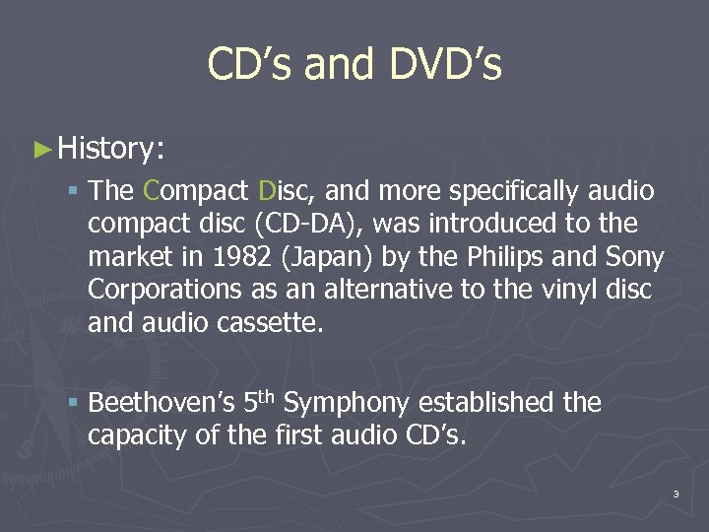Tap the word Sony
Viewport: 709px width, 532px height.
tap(633, 257)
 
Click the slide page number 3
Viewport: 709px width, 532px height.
tap(677, 494)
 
